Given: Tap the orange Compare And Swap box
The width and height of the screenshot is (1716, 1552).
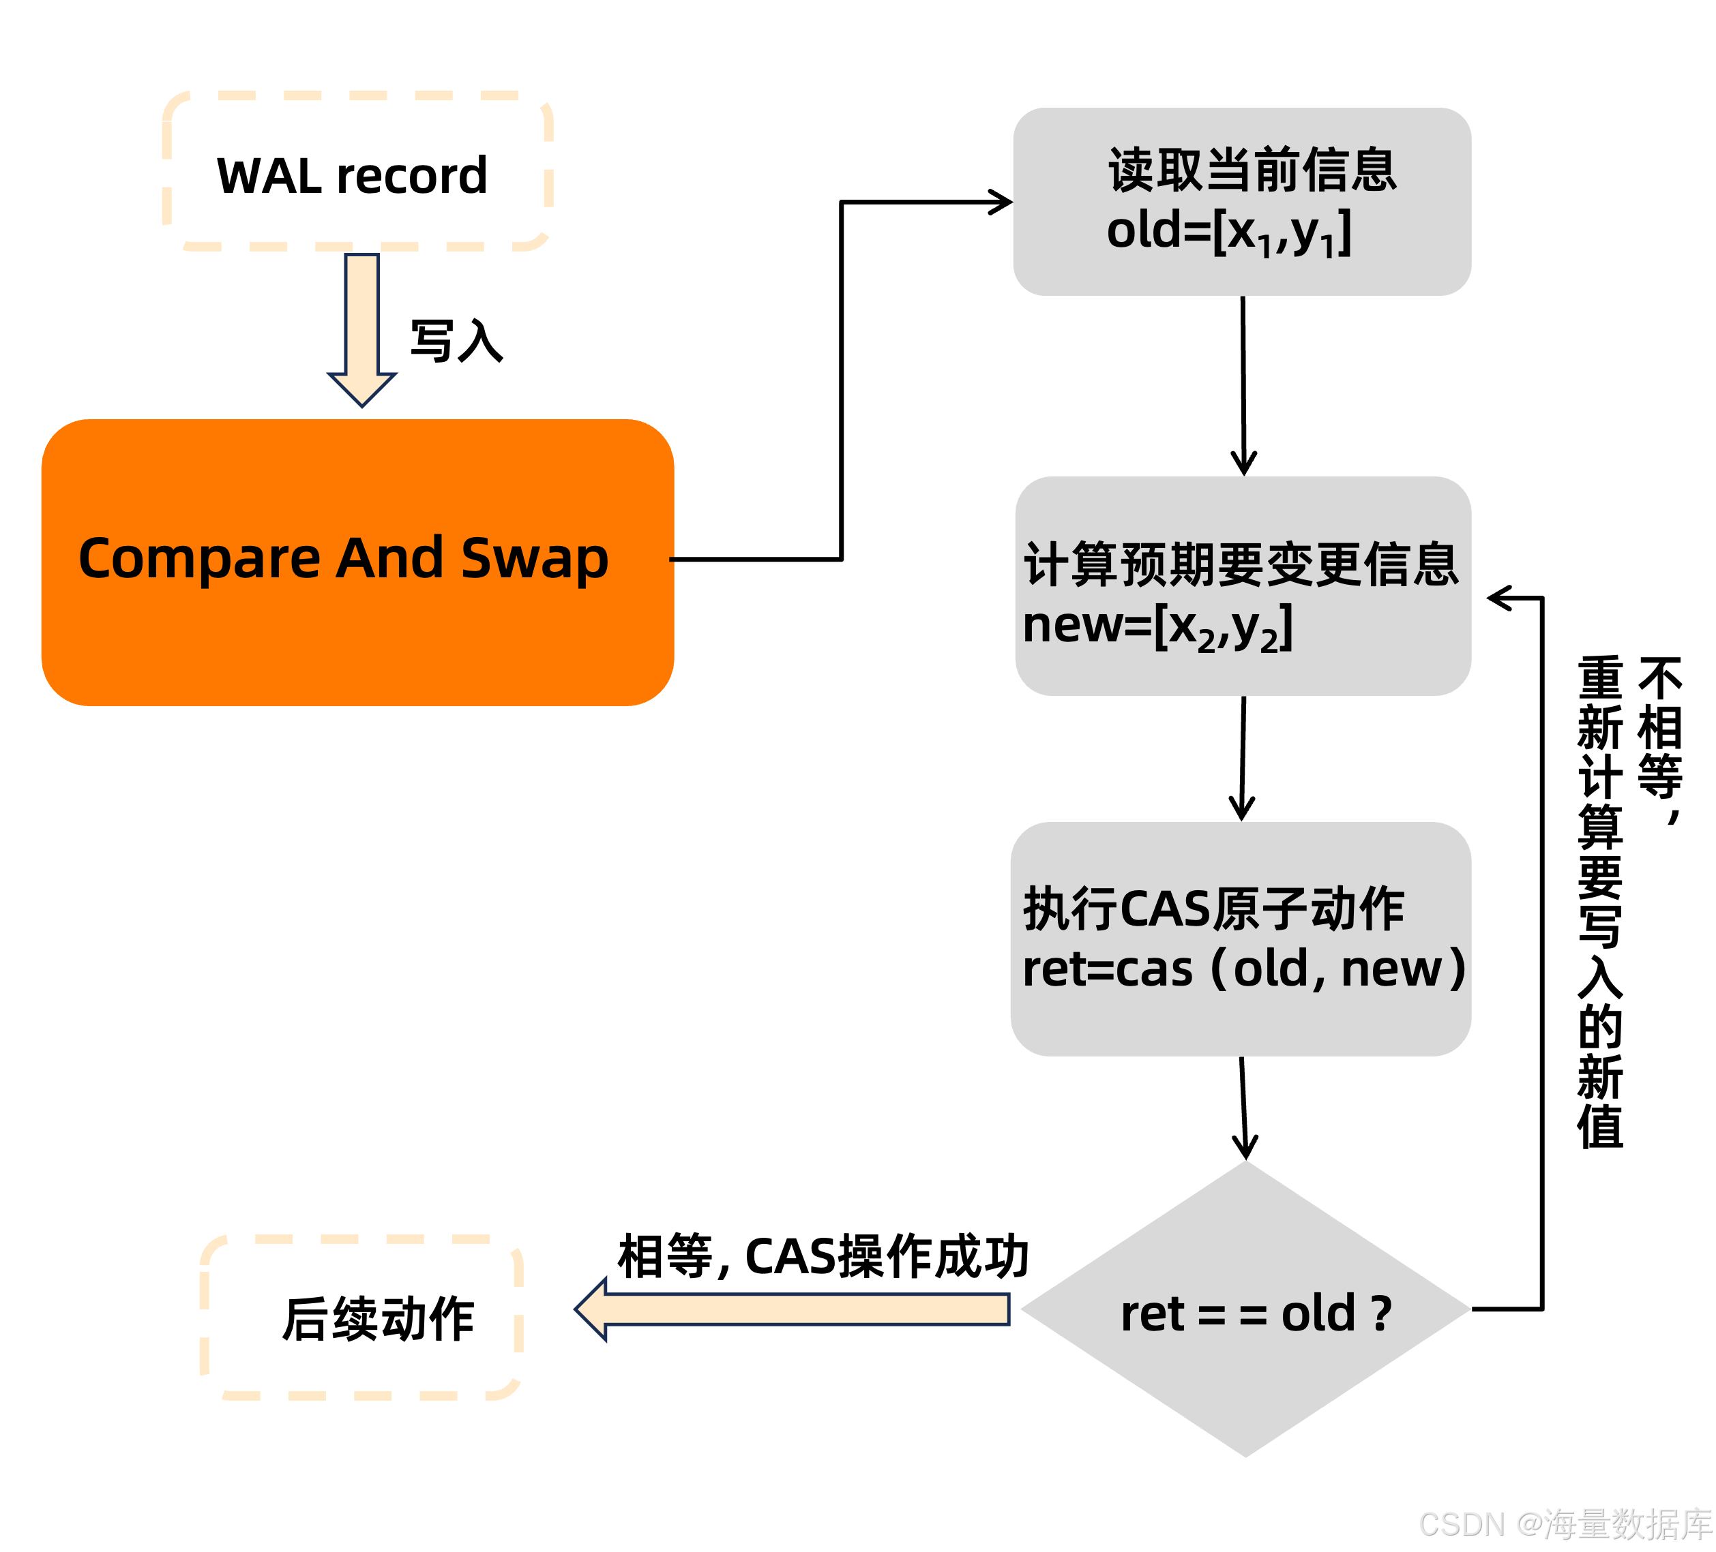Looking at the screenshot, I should click(x=357, y=562).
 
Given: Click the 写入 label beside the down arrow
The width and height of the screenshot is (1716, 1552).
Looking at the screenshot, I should click(x=456, y=342).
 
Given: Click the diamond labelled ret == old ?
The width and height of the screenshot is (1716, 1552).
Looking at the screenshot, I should click(x=1245, y=1310).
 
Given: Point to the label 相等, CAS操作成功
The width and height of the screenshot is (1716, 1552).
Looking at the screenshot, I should click(x=823, y=1256).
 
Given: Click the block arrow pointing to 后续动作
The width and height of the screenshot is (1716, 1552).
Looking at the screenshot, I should click(x=792, y=1309).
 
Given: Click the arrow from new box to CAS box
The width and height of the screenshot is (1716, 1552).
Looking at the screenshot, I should click(x=1243, y=757).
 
